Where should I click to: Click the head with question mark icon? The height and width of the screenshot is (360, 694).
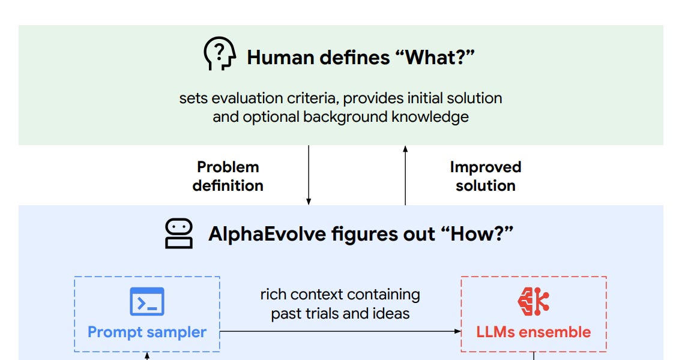(x=219, y=55)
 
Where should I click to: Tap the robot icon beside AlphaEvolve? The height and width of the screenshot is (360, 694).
(x=178, y=234)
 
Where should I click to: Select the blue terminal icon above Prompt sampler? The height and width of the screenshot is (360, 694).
(x=147, y=301)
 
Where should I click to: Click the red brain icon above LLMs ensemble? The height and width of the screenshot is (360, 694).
(x=533, y=302)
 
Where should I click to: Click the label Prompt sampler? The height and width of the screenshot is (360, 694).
(x=147, y=332)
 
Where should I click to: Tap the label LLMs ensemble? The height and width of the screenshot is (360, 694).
(x=533, y=332)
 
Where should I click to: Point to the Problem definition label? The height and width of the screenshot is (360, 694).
(x=228, y=176)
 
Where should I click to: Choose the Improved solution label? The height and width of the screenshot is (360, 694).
(x=485, y=176)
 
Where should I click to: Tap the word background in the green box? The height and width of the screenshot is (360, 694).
(x=346, y=116)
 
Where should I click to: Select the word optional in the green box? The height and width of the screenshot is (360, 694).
(x=271, y=116)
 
